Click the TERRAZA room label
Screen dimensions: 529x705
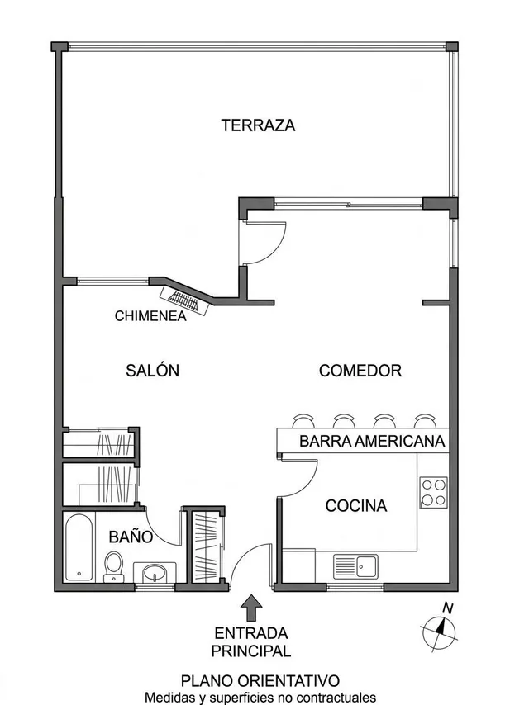pyautogui.click(x=258, y=125)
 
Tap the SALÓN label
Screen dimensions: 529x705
pyautogui.click(x=153, y=370)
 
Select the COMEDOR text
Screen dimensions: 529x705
pyautogui.click(x=360, y=371)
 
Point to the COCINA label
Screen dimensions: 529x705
pyautogui.click(x=356, y=506)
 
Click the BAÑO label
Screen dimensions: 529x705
pyautogui.click(x=131, y=537)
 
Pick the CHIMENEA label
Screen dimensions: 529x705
pyautogui.click(x=150, y=316)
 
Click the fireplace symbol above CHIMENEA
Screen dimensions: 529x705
pyautogui.click(x=185, y=300)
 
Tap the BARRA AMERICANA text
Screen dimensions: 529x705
pyautogui.click(x=372, y=441)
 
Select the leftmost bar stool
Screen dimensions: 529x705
pyautogui.click(x=303, y=421)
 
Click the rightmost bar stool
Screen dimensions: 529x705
pyautogui.click(x=426, y=421)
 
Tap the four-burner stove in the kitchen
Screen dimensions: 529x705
pyautogui.click(x=434, y=492)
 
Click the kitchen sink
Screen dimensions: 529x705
pyautogui.click(x=355, y=566)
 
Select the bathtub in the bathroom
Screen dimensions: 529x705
pyautogui.click(x=79, y=547)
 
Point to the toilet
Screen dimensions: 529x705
pyautogui.click(x=113, y=567)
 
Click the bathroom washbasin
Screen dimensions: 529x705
pyautogui.click(x=155, y=572)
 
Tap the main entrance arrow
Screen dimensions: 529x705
pyautogui.click(x=251, y=608)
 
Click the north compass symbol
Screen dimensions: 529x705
pyautogui.click(x=440, y=631)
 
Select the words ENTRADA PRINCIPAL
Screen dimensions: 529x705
pyautogui.click(x=251, y=642)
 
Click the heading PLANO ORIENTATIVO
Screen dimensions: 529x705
pyautogui.click(x=260, y=681)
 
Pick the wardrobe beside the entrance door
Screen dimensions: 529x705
pyautogui.click(x=206, y=546)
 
